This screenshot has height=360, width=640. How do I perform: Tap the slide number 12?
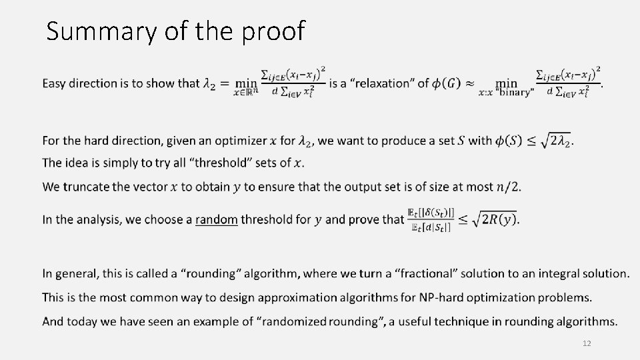pos(587,343)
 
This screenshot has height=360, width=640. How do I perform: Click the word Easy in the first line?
pos(55,84)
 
